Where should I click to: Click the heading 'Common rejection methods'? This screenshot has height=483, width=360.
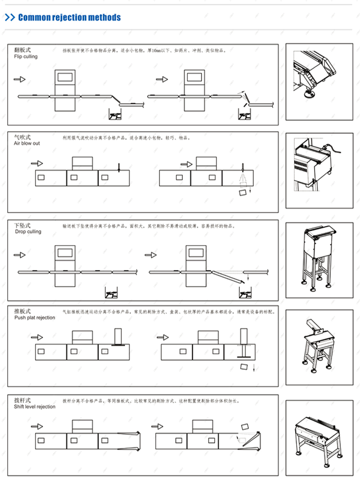click(69, 18)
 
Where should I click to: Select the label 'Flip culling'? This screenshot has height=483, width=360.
click(26, 57)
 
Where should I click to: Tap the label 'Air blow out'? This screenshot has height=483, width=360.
click(27, 143)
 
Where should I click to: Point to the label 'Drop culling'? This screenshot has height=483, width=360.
click(27, 232)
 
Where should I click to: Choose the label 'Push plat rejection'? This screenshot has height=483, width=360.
click(35, 318)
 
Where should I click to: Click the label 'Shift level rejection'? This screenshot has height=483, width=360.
click(35, 407)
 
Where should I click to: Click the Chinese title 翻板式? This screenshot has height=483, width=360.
click(22, 50)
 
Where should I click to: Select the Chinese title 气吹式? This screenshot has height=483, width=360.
click(22, 137)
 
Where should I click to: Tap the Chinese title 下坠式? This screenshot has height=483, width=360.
click(22, 225)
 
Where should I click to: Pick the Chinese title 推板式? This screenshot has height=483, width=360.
click(22, 311)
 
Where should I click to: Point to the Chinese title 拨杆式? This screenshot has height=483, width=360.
click(22, 400)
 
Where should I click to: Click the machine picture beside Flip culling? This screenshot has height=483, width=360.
click(319, 82)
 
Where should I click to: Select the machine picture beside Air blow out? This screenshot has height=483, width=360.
click(319, 170)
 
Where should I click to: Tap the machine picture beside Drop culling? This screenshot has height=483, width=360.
click(319, 258)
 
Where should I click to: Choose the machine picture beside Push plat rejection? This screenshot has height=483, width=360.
click(319, 346)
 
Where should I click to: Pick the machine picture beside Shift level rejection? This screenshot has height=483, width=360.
click(319, 434)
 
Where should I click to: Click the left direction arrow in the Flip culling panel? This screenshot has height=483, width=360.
click(19, 80)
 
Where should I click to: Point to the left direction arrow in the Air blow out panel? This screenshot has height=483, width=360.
click(37, 163)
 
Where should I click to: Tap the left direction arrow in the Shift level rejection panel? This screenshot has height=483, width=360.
click(37, 426)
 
